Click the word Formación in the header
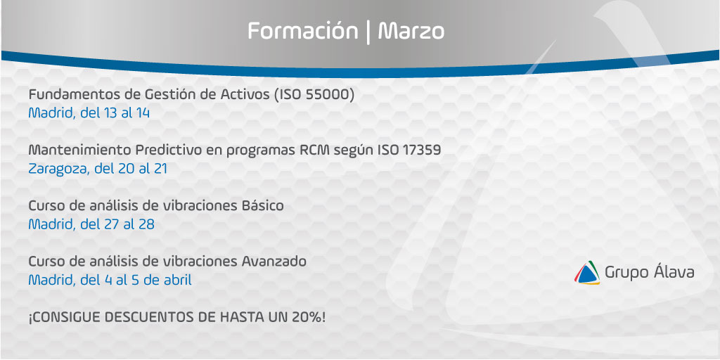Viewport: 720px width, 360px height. [302, 31]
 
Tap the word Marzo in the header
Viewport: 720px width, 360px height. [411, 31]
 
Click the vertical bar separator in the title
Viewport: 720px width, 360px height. [368, 32]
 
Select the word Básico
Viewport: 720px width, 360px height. [262, 206]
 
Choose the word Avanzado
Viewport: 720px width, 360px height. [274, 262]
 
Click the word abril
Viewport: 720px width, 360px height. [178, 280]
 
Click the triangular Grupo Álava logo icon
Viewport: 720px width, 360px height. [587, 273]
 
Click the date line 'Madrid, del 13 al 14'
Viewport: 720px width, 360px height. [89, 113]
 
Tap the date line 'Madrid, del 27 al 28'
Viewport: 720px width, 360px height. [91, 224]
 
